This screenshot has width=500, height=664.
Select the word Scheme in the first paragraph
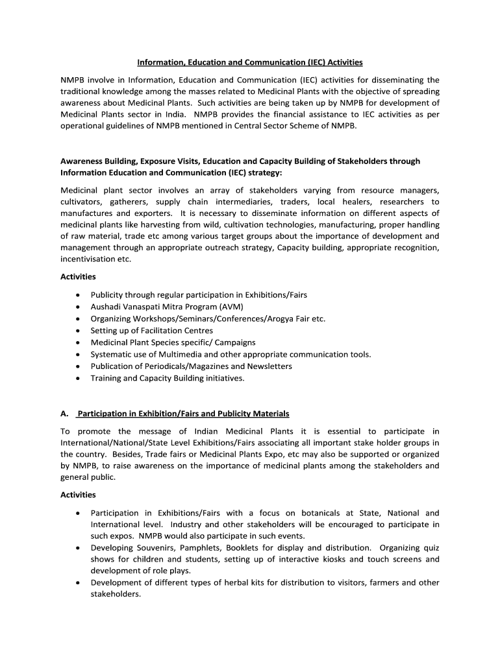[x=310, y=126]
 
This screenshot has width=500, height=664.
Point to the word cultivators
[x=83, y=202]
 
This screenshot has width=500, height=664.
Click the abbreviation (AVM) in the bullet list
[x=232, y=307]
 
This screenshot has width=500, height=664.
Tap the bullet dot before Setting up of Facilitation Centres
[x=78, y=331]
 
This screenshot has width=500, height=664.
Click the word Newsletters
[x=268, y=366]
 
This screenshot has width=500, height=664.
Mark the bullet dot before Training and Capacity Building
[x=78, y=378]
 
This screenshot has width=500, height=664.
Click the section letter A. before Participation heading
[x=64, y=414]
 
